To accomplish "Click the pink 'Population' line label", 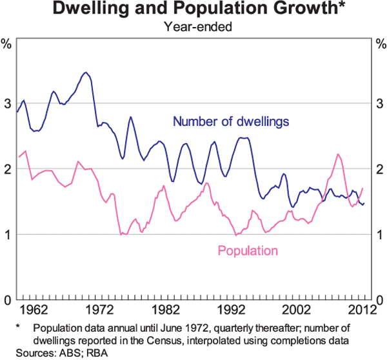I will pos(248,250).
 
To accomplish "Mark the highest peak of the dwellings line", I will pos(85,72).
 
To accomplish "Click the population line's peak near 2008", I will pos(338,154).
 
